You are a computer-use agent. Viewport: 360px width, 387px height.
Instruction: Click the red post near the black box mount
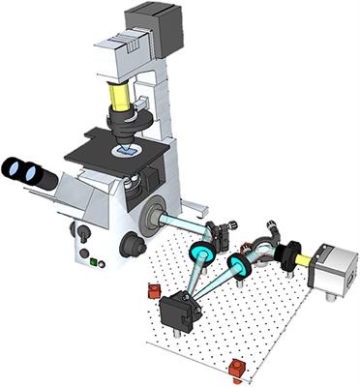[x=153, y=290]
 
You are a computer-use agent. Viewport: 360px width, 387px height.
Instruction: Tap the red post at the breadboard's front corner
[x=236, y=368]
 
